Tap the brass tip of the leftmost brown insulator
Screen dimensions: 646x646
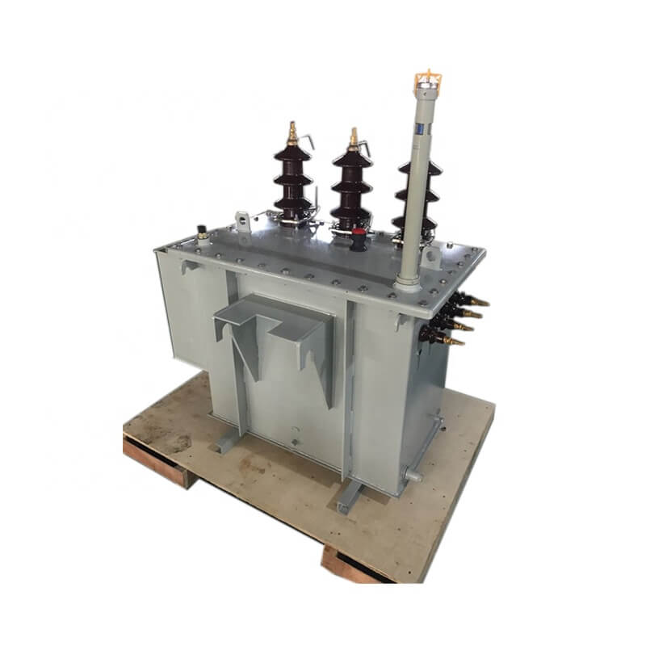(292, 134)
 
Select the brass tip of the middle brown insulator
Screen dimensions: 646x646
(353, 138)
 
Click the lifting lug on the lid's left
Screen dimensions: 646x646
(242, 219)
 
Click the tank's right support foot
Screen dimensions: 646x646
(349, 497)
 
